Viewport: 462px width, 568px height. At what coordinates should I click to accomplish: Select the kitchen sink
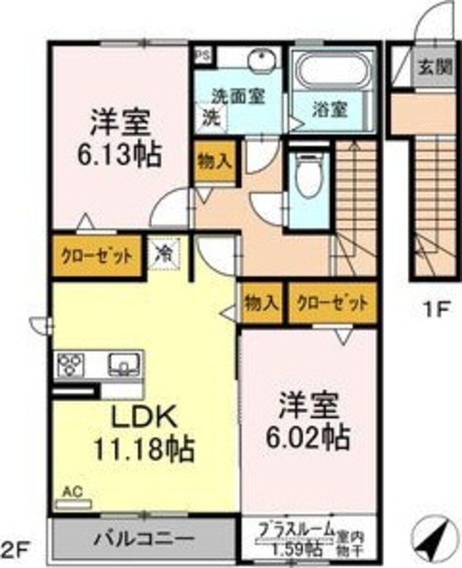[123, 363]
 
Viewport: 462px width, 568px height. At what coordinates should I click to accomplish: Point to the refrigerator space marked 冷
[163, 254]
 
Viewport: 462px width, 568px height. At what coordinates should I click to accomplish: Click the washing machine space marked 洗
[210, 117]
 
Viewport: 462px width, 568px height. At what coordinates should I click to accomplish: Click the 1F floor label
[436, 310]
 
